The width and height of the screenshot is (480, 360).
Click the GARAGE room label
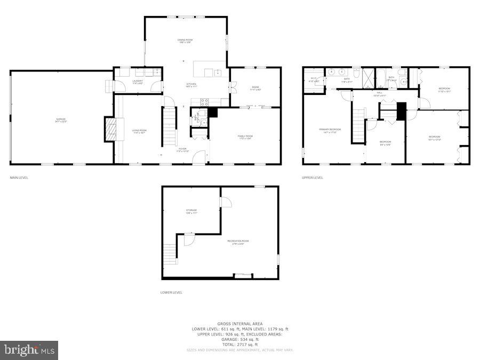[x=61, y=119]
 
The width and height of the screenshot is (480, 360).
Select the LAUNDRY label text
[x=137, y=82]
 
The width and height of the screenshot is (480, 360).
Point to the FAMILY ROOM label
[x=245, y=137]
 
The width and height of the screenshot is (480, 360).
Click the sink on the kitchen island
[x=217, y=72]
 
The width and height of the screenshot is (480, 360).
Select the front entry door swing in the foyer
[x=198, y=157]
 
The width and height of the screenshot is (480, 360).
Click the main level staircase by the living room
[x=169, y=127]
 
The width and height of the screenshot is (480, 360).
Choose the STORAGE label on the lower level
[x=191, y=211]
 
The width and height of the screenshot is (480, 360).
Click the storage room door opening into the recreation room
[x=226, y=202]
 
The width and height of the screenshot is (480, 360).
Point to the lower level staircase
[x=170, y=254]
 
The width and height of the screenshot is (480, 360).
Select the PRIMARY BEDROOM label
[x=330, y=130]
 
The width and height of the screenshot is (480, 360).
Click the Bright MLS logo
[x=29, y=350]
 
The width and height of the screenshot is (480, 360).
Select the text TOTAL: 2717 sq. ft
[x=240, y=344]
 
